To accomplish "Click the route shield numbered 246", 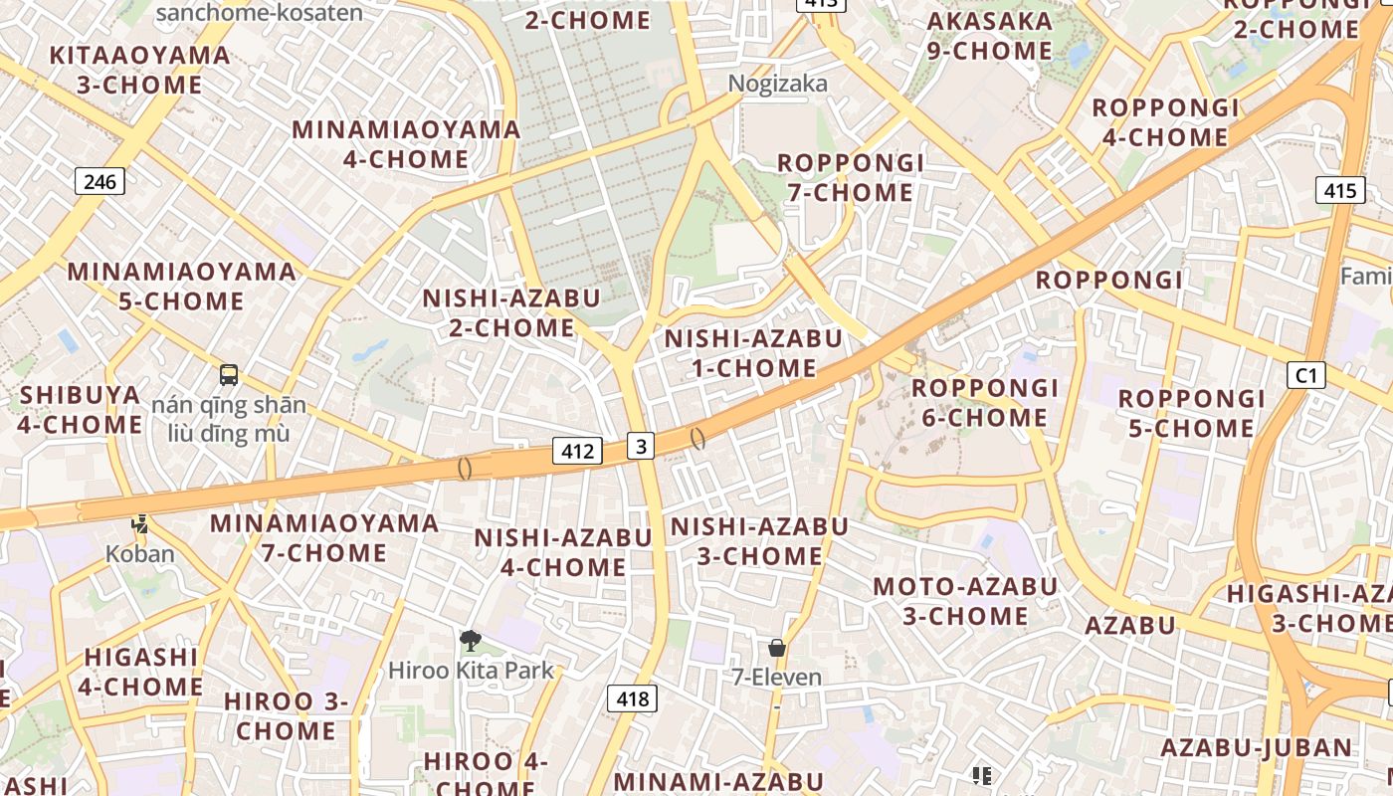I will [x=99, y=181].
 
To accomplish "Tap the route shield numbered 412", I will [x=577, y=451].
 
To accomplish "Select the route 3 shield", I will [x=641, y=446].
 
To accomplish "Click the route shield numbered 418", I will [x=632, y=698].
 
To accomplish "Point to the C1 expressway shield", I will [x=1306, y=375].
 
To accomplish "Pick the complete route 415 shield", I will [x=1339, y=190].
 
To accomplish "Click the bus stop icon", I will [x=229, y=375].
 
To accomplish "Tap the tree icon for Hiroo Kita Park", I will [x=470, y=641].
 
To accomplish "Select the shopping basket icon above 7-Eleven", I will [x=777, y=648].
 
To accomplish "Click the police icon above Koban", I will [x=140, y=523].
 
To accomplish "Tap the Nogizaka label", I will [x=777, y=84].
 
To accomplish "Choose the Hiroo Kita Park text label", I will [x=471, y=670].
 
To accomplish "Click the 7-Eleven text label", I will [x=777, y=678].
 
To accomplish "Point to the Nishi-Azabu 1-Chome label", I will [x=753, y=353].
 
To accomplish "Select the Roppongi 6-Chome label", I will [x=985, y=402].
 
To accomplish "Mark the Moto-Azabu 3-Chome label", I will [x=965, y=601].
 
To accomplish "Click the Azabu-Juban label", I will [x=1256, y=747].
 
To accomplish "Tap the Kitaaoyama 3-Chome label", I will [x=140, y=70].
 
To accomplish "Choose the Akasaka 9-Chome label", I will [x=989, y=36].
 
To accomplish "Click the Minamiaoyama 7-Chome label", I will [x=324, y=537].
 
